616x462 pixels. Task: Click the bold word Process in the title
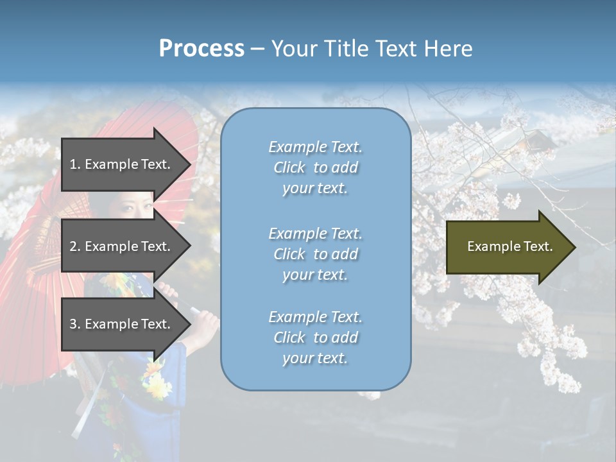click(x=201, y=49)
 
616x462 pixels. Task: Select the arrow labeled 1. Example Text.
click(x=122, y=164)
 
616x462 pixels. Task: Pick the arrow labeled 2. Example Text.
click(x=122, y=246)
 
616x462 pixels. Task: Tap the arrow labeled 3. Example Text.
click(x=122, y=324)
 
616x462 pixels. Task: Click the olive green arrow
click(x=507, y=246)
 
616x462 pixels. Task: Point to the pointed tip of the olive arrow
click(x=574, y=247)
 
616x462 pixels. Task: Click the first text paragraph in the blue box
click(x=315, y=167)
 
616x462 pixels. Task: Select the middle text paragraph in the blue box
click(x=315, y=254)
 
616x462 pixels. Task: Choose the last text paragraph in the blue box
click(x=315, y=338)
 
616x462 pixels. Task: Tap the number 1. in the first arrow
click(x=74, y=164)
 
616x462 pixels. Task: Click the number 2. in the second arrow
click(x=74, y=246)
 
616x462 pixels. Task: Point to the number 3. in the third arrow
click(x=74, y=324)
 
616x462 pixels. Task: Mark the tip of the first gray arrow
click(x=190, y=165)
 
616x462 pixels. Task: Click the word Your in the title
click(x=294, y=49)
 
